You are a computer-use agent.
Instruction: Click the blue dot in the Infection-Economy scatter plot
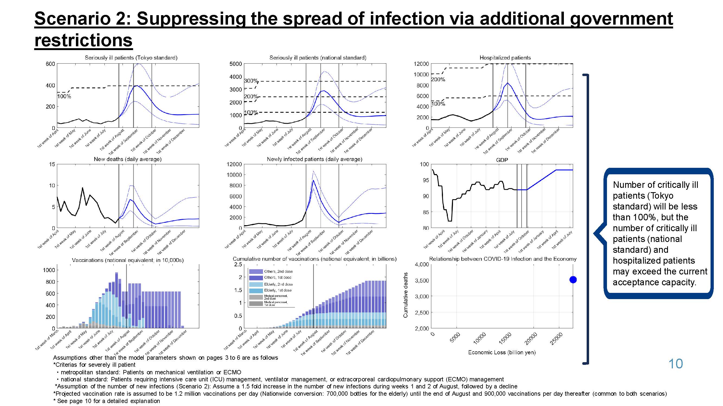tap(573, 280)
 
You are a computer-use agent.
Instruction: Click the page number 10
tap(675, 364)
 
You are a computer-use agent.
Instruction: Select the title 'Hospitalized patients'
tap(505, 58)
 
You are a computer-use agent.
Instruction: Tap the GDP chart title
tap(502, 160)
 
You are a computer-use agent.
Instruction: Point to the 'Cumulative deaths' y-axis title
tap(405, 295)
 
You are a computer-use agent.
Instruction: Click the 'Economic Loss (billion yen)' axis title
tap(502, 352)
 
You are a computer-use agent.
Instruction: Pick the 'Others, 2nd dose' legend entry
tap(278, 271)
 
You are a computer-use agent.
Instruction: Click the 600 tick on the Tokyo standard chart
tap(50, 64)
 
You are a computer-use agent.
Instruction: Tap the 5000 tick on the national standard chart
tap(236, 64)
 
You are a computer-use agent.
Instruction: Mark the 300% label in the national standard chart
tap(251, 81)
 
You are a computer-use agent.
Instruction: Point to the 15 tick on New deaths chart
tap(52, 164)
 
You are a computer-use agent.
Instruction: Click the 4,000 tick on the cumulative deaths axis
tap(422, 264)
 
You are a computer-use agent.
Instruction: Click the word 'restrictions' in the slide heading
tap(83, 40)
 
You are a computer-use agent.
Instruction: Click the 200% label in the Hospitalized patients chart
tap(438, 80)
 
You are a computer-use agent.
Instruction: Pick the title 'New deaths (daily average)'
tap(127, 159)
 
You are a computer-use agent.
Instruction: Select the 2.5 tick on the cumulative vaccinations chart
tap(238, 264)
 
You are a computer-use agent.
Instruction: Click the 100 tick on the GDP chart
tap(424, 164)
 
